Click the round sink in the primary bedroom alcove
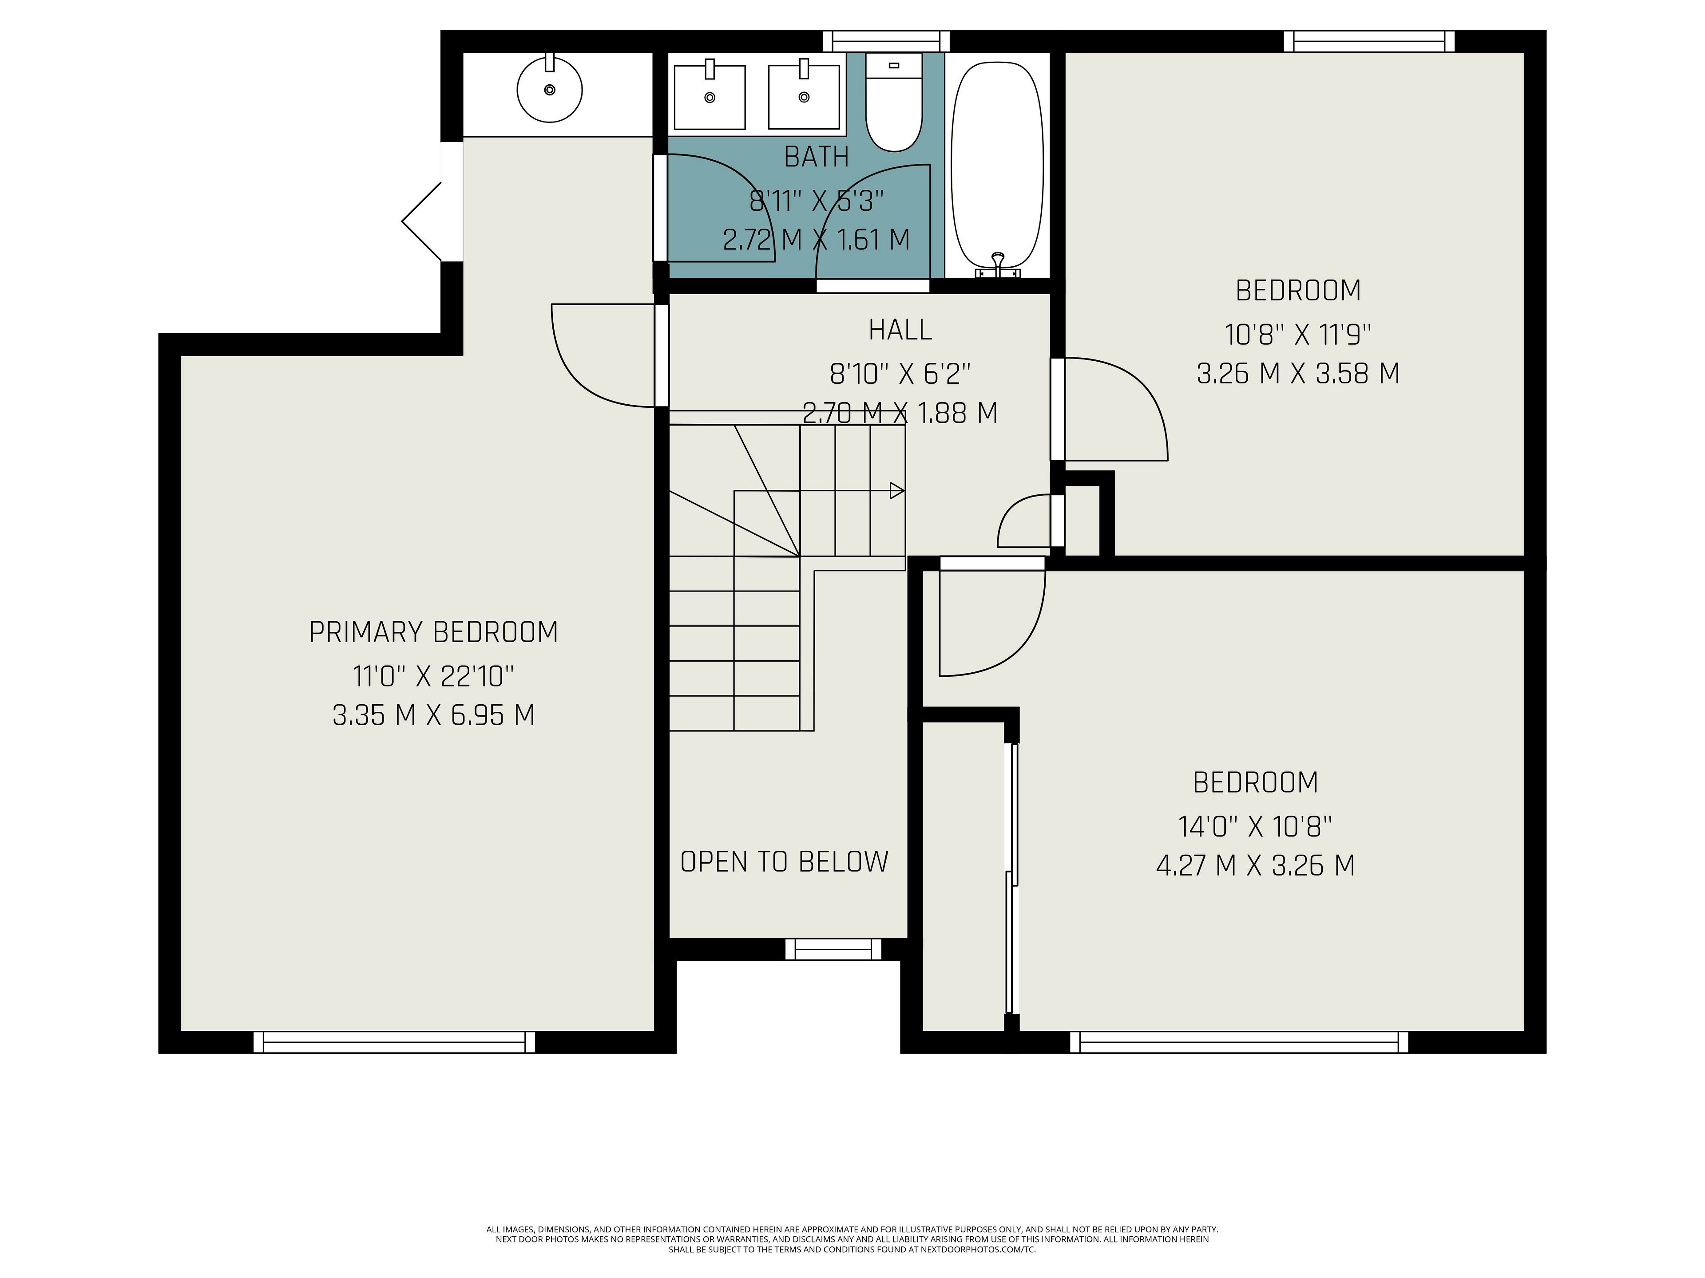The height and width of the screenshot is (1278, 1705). coord(550,89)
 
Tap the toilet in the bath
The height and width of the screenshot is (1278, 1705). coord(894,102)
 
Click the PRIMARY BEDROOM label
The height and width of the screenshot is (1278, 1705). coord(434,632)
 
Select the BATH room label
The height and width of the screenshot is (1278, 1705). coord(816,157)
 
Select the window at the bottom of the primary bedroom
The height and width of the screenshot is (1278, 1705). coord(394,1042)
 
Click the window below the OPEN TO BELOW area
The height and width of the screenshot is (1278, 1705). coord(833,949)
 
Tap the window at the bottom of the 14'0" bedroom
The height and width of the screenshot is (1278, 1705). coord(1239,1042)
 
